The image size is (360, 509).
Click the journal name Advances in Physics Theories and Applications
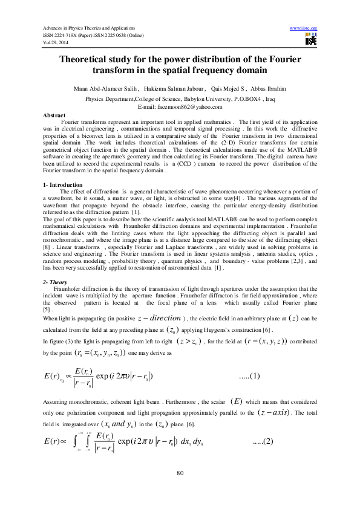click(x=88, y=28)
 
